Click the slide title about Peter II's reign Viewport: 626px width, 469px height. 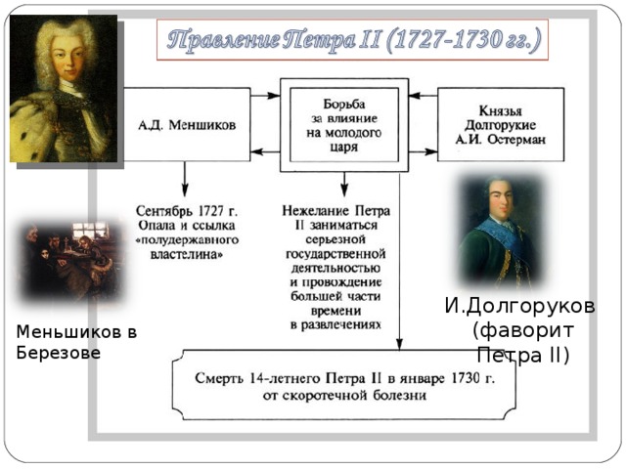pos(354,40)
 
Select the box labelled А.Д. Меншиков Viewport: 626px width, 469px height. pos(187,125)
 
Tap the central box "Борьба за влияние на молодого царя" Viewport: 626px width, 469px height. pos(344,125)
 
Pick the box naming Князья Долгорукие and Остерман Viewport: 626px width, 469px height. pos(501,125)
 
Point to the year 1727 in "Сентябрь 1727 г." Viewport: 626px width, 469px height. pos(212,211)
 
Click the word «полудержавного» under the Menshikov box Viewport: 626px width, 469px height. pos(187,240)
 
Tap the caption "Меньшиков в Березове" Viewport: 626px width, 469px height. pos(76,342)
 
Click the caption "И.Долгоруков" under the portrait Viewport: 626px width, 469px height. pos(519,306)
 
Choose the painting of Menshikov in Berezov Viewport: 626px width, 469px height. pos(71,261)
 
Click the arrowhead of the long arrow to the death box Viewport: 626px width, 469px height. pos(399,344)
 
